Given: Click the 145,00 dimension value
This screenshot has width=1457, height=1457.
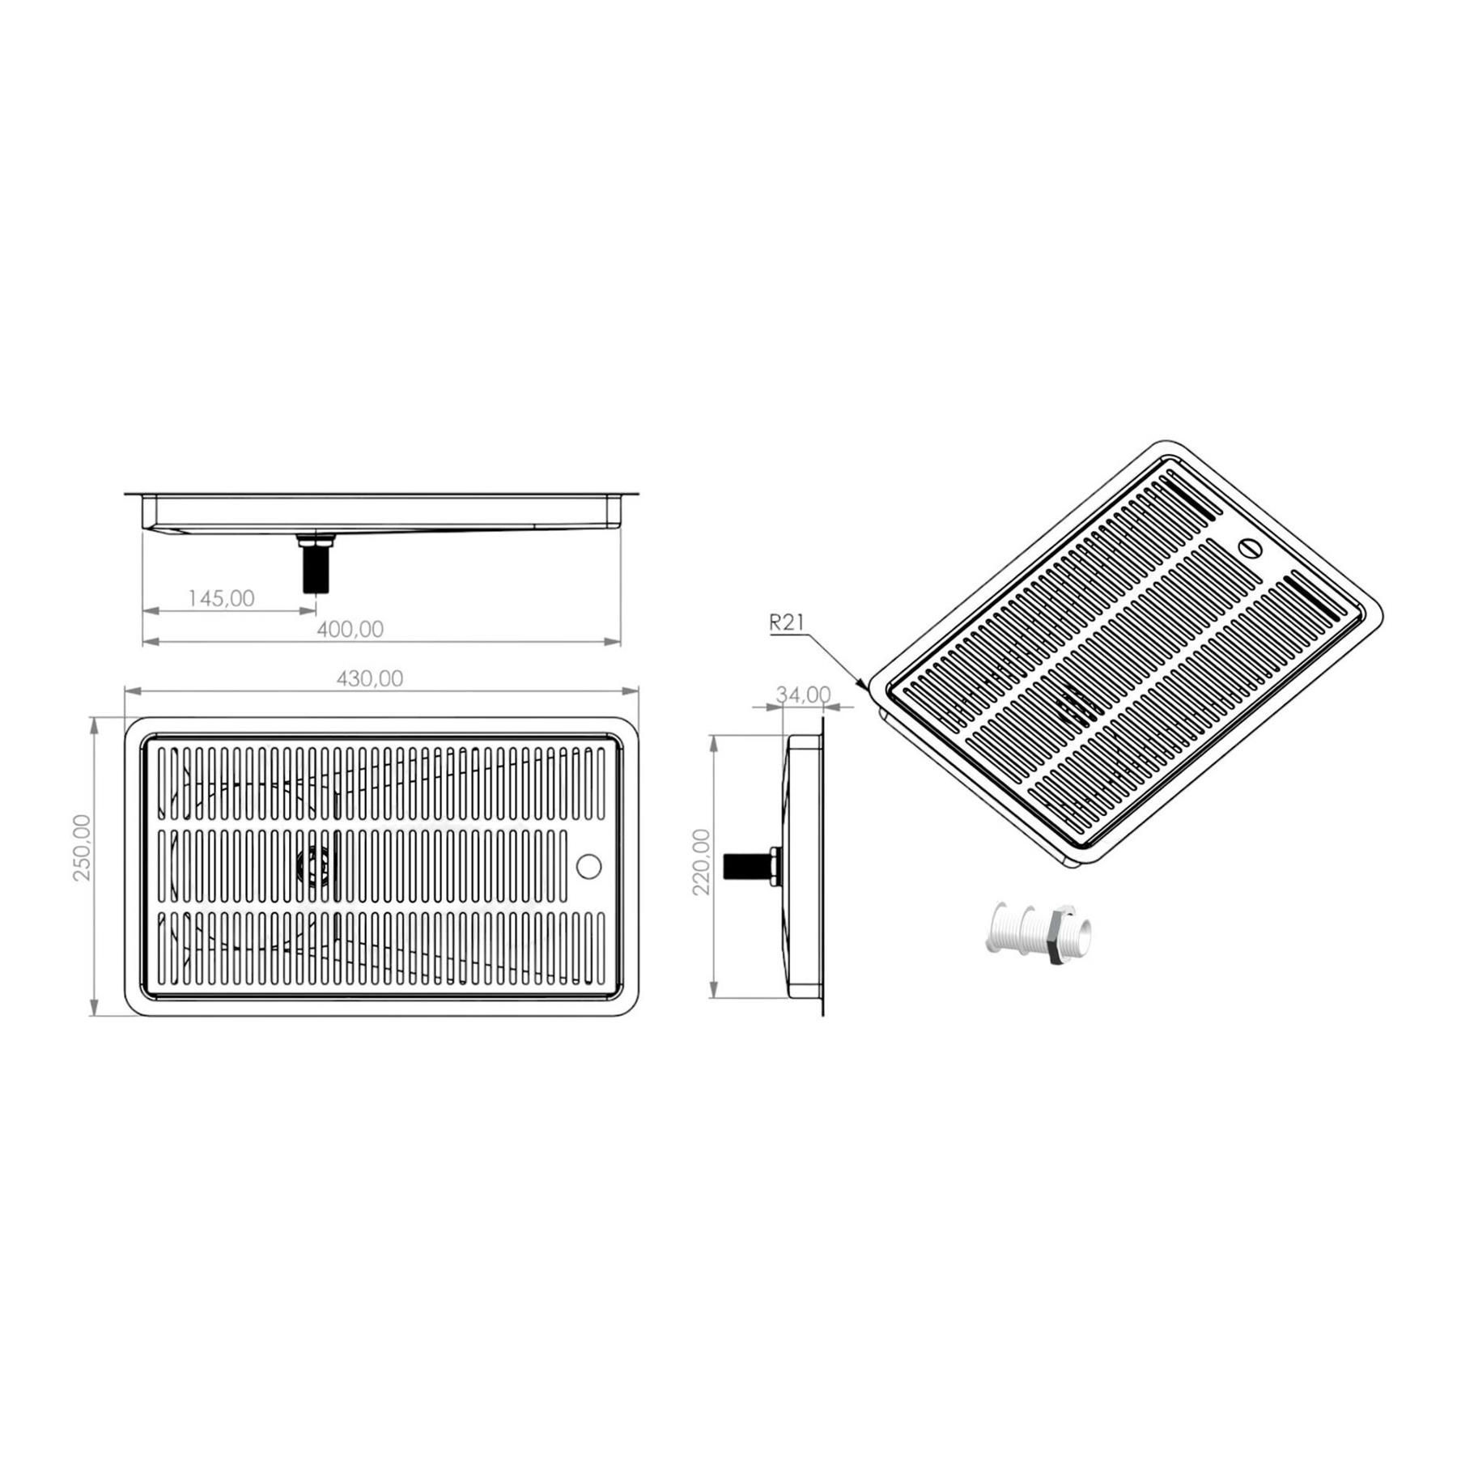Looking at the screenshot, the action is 221,598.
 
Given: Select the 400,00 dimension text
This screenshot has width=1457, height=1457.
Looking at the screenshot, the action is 350,629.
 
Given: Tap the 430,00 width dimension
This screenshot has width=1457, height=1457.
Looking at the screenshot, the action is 369,678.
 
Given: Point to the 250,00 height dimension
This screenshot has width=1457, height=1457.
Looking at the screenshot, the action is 83,847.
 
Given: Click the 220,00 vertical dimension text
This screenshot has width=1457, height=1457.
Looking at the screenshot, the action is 702,861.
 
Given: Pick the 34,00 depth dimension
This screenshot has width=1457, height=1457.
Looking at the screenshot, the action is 803,695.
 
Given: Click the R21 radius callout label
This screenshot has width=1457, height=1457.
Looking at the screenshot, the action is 786,622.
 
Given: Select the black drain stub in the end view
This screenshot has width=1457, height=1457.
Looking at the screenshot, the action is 745,867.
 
